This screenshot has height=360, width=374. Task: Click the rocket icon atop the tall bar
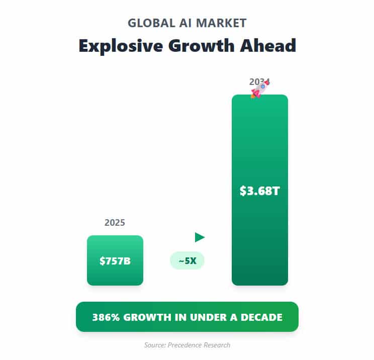point(259,89)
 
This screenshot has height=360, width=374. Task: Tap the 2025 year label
point(115,222)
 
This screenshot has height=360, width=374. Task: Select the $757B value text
point(115,261)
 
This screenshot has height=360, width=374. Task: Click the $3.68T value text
point(259,191)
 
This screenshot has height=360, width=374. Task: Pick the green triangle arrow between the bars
point(200,237)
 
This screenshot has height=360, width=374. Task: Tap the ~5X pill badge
point(187,261)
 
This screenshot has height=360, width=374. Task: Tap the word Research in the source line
point(217,345)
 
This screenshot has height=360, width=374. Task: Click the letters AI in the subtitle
point(187,23)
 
